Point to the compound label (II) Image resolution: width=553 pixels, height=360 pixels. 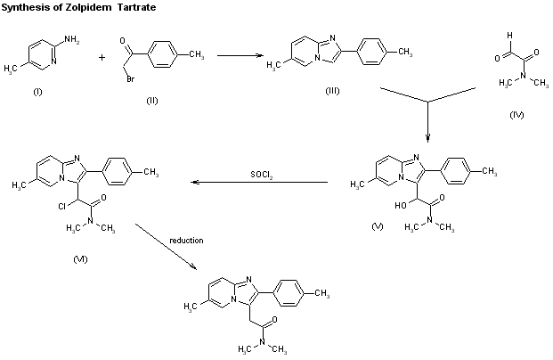coord(151,100)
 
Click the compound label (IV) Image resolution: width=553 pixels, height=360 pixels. coord(516,115)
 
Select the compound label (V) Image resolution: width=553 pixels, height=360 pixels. coord(378,228)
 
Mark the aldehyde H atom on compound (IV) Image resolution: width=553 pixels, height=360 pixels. coord(508,37)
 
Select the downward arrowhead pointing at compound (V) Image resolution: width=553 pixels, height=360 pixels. coord(428,137)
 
